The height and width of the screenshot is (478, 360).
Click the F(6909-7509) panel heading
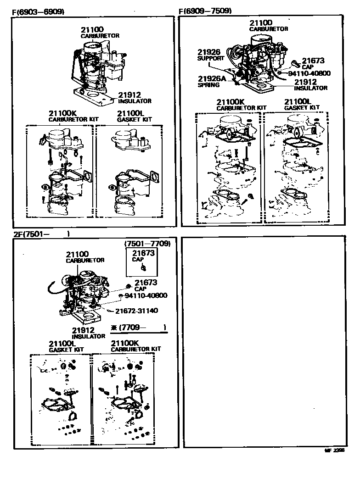[x=205, y=11]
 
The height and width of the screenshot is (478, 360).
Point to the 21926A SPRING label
[x=212, y=81]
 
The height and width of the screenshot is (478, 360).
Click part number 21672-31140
[x=136, y=311]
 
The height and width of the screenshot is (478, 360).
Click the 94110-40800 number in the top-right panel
[x=309, y=73]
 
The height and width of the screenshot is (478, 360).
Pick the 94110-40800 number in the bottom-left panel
[x=146, y=295]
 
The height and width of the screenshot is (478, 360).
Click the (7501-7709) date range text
[x=147, y=244]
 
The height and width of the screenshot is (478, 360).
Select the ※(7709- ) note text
[x=138, y=328]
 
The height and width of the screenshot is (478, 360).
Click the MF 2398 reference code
[x=335, y=451]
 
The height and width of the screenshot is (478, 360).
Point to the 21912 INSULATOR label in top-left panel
[x=135, y=98]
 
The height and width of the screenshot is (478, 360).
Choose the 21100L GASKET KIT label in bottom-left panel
[x=66, y=346]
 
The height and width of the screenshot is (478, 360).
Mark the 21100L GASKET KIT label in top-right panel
[x=302, y=104]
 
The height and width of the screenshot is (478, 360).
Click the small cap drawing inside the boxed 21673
[x=143, y=267]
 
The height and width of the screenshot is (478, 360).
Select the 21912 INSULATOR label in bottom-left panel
[x=89, y=333]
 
